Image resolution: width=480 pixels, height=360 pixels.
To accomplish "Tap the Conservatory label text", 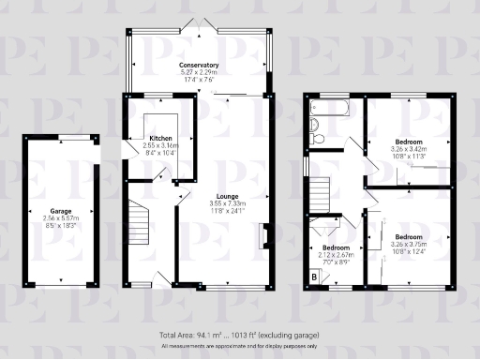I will coord(198,65).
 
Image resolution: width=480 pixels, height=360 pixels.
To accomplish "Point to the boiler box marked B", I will coord(313,277).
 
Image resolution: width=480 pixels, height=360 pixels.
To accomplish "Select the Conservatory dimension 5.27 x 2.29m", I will coord(198,71).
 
